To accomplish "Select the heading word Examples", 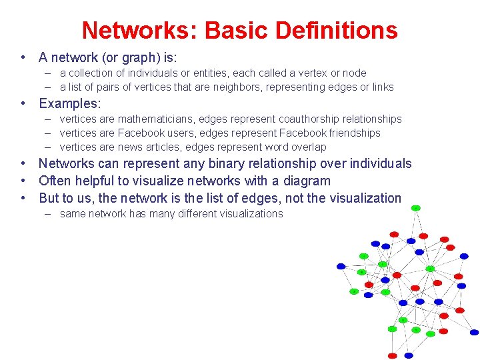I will [69, 103].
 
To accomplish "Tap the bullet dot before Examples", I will [23, 103].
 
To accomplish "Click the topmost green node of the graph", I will [415, 208].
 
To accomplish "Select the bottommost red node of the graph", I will [393, 355].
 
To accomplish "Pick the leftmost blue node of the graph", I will [341, 266].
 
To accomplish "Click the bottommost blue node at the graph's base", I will [408, 355].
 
